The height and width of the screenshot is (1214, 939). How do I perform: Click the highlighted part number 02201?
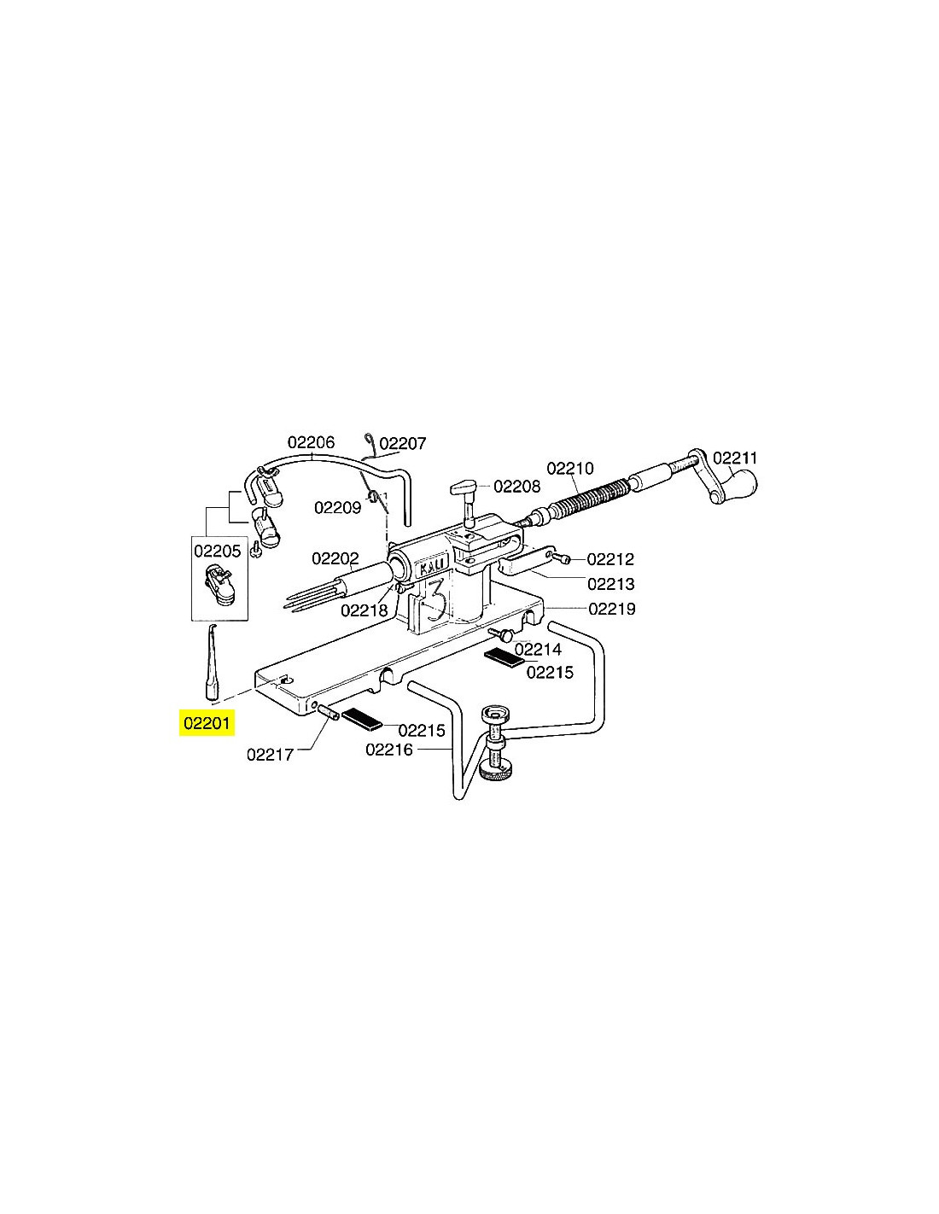point(206,723)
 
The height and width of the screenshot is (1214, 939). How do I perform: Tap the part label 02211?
point(734,458)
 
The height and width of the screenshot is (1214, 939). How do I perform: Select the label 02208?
point(517,486)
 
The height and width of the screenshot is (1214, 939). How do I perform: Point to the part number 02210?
point(569,467)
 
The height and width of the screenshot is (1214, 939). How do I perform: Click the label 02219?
point(612,609)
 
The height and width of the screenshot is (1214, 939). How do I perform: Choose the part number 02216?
point(389,750)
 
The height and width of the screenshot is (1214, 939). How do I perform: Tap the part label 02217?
point(271,755)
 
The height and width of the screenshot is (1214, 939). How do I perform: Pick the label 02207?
point(403,443)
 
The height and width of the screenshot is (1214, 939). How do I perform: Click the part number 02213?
point(611,584)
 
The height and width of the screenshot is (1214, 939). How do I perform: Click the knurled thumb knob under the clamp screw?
point(493,773)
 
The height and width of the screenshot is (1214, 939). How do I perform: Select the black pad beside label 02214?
point(504,658)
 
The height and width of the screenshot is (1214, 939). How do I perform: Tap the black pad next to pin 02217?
point(362,718)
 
